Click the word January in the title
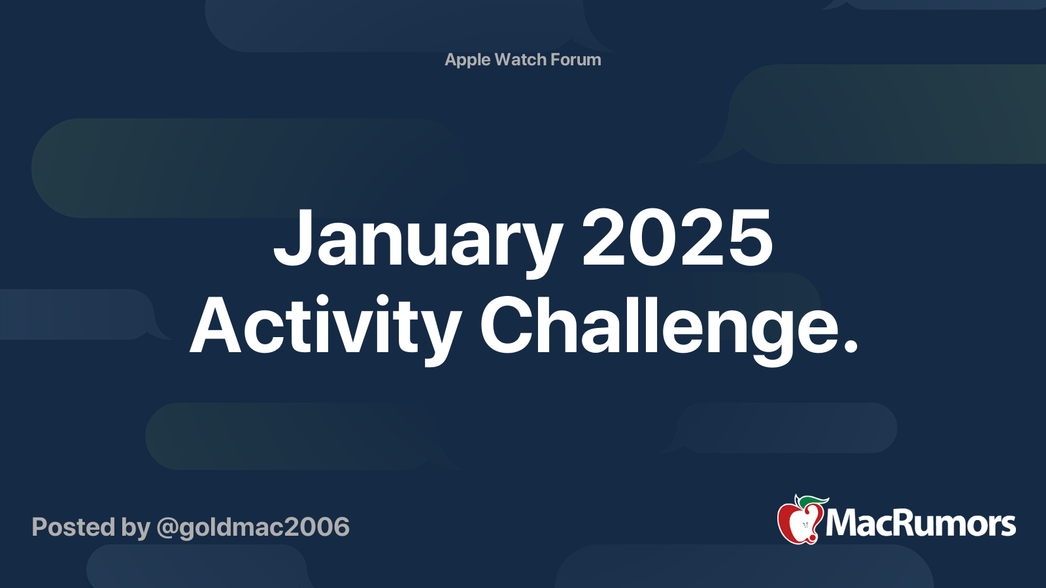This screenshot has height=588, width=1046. [x=418, y=238]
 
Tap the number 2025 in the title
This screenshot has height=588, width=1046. [x=677, y=238]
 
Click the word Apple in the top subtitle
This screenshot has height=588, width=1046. [x=467, y=59]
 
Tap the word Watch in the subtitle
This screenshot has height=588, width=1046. [x=520, y=59]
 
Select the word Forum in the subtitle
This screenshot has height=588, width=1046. [x=575, y=59]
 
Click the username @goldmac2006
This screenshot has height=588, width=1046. [x=253, y=527]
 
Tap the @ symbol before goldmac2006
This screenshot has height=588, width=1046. [x=167, y=528]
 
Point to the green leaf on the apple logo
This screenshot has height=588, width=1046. [x=813, y=501]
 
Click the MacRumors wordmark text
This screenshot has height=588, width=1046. [x=920, y=524]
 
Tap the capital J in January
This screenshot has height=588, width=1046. [x=290, y=238]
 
